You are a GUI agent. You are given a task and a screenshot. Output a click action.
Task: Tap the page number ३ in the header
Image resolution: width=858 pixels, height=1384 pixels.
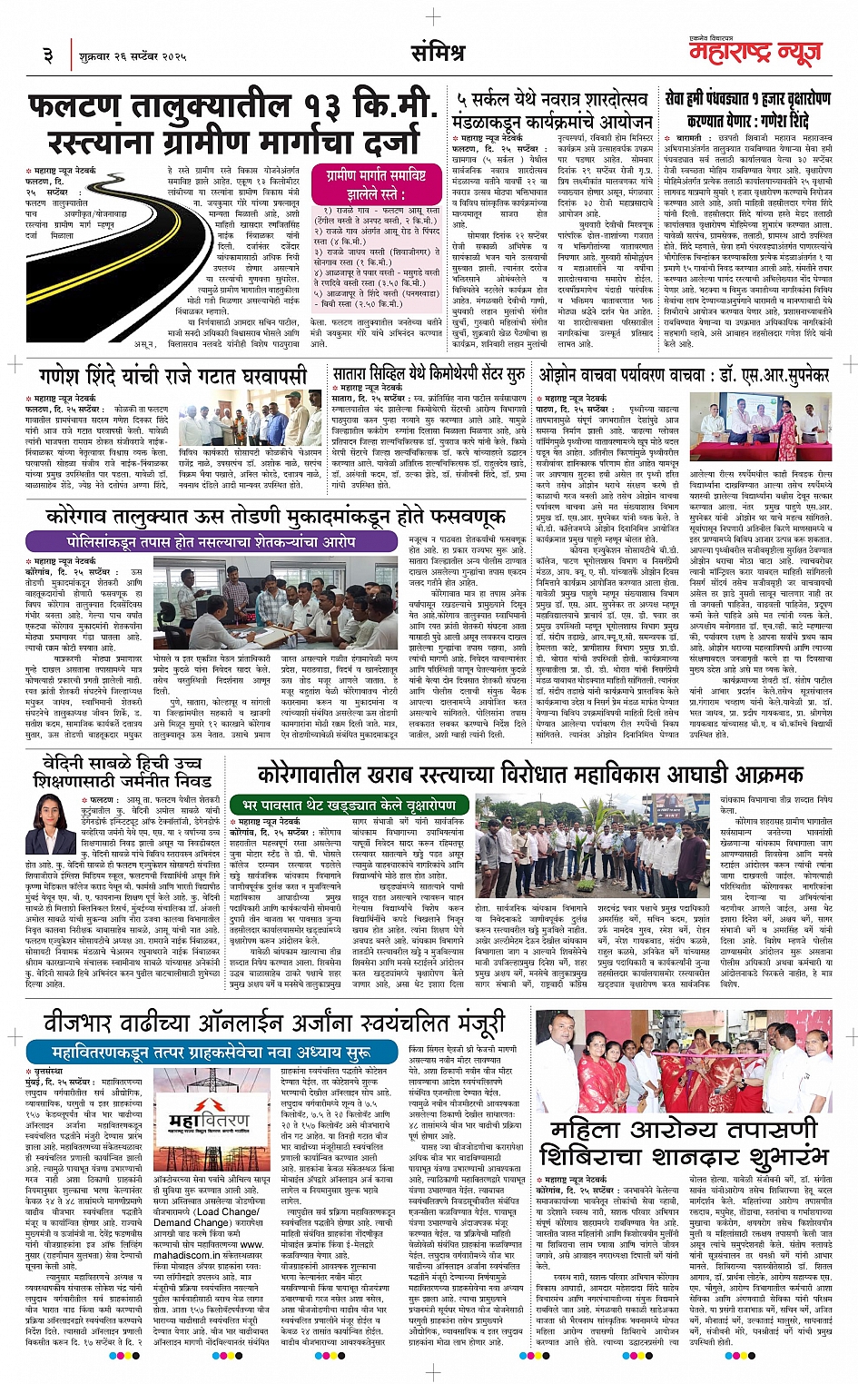pos(48,56)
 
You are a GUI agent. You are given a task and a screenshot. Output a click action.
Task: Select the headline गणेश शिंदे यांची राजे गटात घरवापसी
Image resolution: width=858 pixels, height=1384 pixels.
pos(173,376)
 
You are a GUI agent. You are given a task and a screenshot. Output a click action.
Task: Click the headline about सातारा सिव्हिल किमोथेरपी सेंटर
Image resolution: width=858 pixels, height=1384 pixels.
pos(429,374)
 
